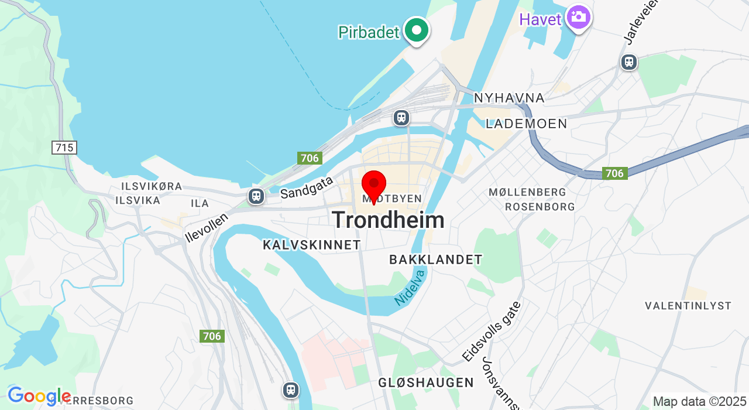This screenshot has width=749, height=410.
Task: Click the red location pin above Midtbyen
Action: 374,184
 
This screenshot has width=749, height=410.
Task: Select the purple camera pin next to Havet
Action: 579,17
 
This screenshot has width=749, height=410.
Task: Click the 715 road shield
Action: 64,148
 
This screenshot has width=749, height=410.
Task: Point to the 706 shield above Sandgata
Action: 309,158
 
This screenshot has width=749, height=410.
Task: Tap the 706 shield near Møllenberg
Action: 614,173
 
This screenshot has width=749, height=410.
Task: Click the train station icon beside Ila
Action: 256,196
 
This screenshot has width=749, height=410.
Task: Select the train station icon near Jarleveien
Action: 629,61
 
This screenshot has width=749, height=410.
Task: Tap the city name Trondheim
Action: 388,220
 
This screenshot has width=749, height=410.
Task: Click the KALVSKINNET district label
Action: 312,245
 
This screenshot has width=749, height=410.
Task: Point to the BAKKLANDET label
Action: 436,259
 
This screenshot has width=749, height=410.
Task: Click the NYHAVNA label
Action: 509,98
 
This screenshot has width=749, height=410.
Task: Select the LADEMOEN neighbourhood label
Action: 527,124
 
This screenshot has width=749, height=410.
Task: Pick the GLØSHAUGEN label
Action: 426,382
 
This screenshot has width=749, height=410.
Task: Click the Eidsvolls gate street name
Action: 491,331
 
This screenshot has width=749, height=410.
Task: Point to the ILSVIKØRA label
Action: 152,186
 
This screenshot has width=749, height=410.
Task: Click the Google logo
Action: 39,397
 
